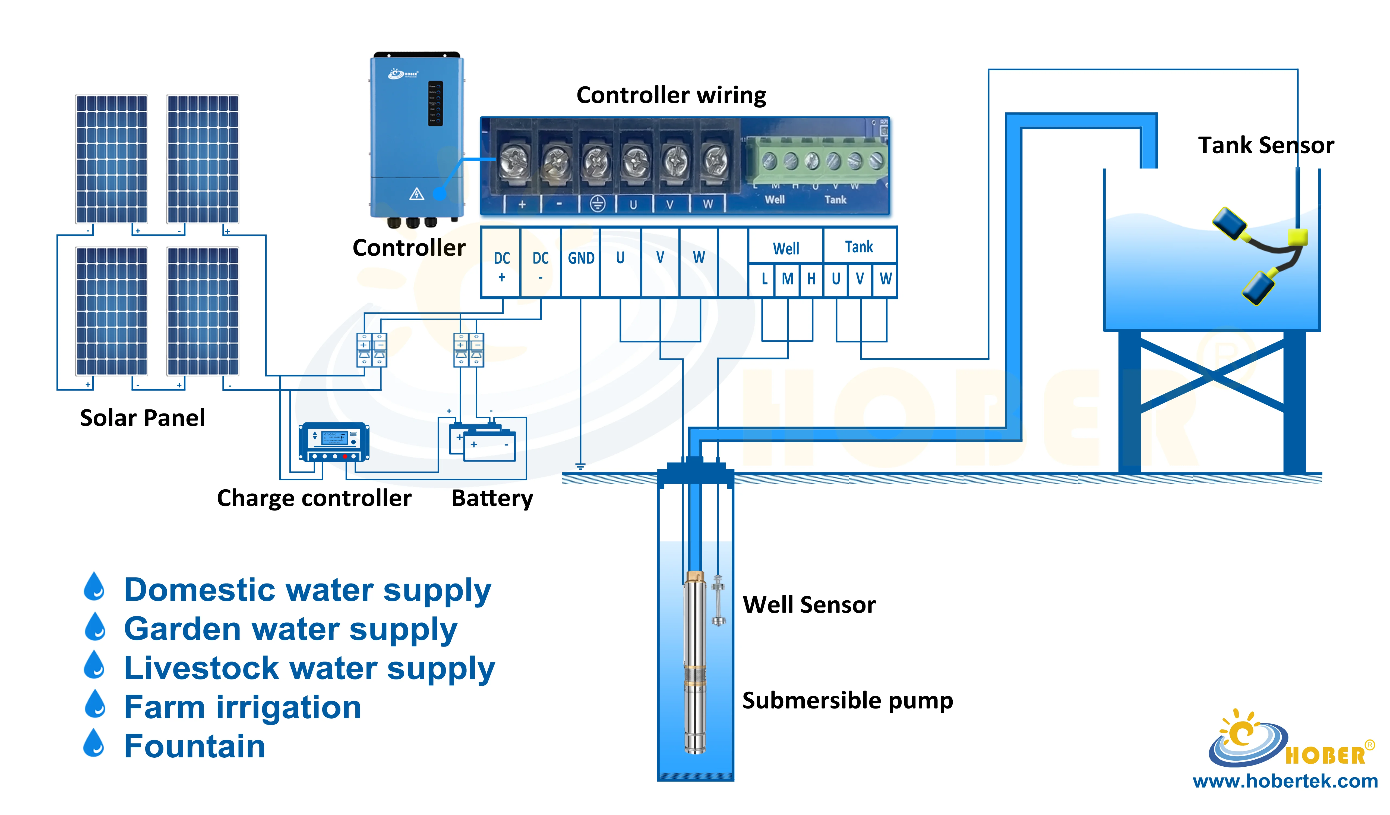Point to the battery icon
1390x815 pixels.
click(483, 443)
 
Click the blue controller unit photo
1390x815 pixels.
click(416, 138)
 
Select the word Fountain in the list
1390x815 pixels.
click(195, 747)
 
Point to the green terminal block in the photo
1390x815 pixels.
click(816, 160)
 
